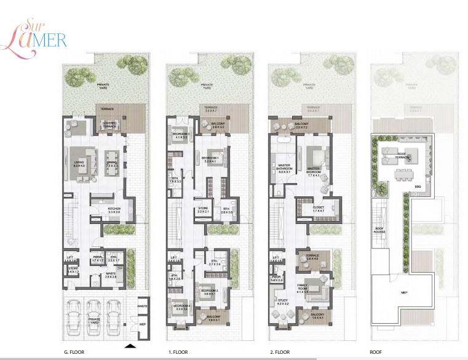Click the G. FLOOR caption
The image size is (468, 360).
(75, 353)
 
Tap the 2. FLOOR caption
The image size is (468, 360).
(280, 353)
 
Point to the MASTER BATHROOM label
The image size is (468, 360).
(284, 169)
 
